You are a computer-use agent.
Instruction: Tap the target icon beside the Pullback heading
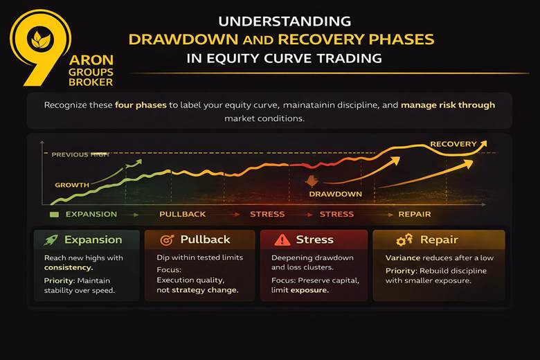click(x=166, y=240)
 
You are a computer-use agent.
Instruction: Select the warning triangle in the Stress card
click(x=282, y=240)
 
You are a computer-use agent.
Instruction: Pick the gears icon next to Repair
click(x=404, y=240)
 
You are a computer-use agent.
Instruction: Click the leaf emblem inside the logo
click(x=35, y=39)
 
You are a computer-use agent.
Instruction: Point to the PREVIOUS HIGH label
click(x=80, y=154)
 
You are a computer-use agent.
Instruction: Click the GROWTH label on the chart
click(x=72, y=185)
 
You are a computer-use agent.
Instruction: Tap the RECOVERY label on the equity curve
click(x=453, y=145)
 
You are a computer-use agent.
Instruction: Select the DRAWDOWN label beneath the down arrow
click(x=335, y=194)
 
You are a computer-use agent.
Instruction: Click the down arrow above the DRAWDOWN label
click(x=312, y=182)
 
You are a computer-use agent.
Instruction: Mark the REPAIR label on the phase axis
click(x=414, y=214)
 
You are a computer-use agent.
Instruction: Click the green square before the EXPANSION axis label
click(x=55, y=215)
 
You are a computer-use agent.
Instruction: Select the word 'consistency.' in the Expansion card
click(x=68, y=267)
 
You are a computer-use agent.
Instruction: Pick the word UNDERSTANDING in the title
click(x=284, y=21)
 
